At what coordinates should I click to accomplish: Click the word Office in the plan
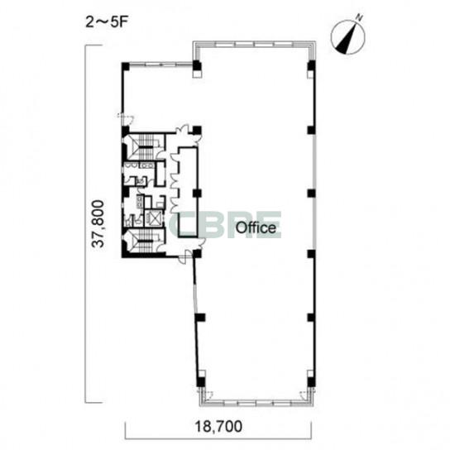coord(256,227)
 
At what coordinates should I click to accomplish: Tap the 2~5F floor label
coord(106,22)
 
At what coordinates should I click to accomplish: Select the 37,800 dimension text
coord(98,223)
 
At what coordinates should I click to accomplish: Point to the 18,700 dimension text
coord(218,427)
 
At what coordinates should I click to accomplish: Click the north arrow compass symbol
coord(347,36)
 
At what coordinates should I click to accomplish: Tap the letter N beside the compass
coord(359,18)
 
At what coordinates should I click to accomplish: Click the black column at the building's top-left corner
coord(126,66)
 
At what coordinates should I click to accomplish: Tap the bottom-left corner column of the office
coord(200,382)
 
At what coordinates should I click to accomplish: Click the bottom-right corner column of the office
coord(311,382)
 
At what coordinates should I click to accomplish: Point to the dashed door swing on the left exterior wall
coord(126,117)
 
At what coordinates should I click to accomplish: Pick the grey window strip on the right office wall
coord(315,192)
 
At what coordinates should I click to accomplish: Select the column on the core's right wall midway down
coord(197,193)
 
